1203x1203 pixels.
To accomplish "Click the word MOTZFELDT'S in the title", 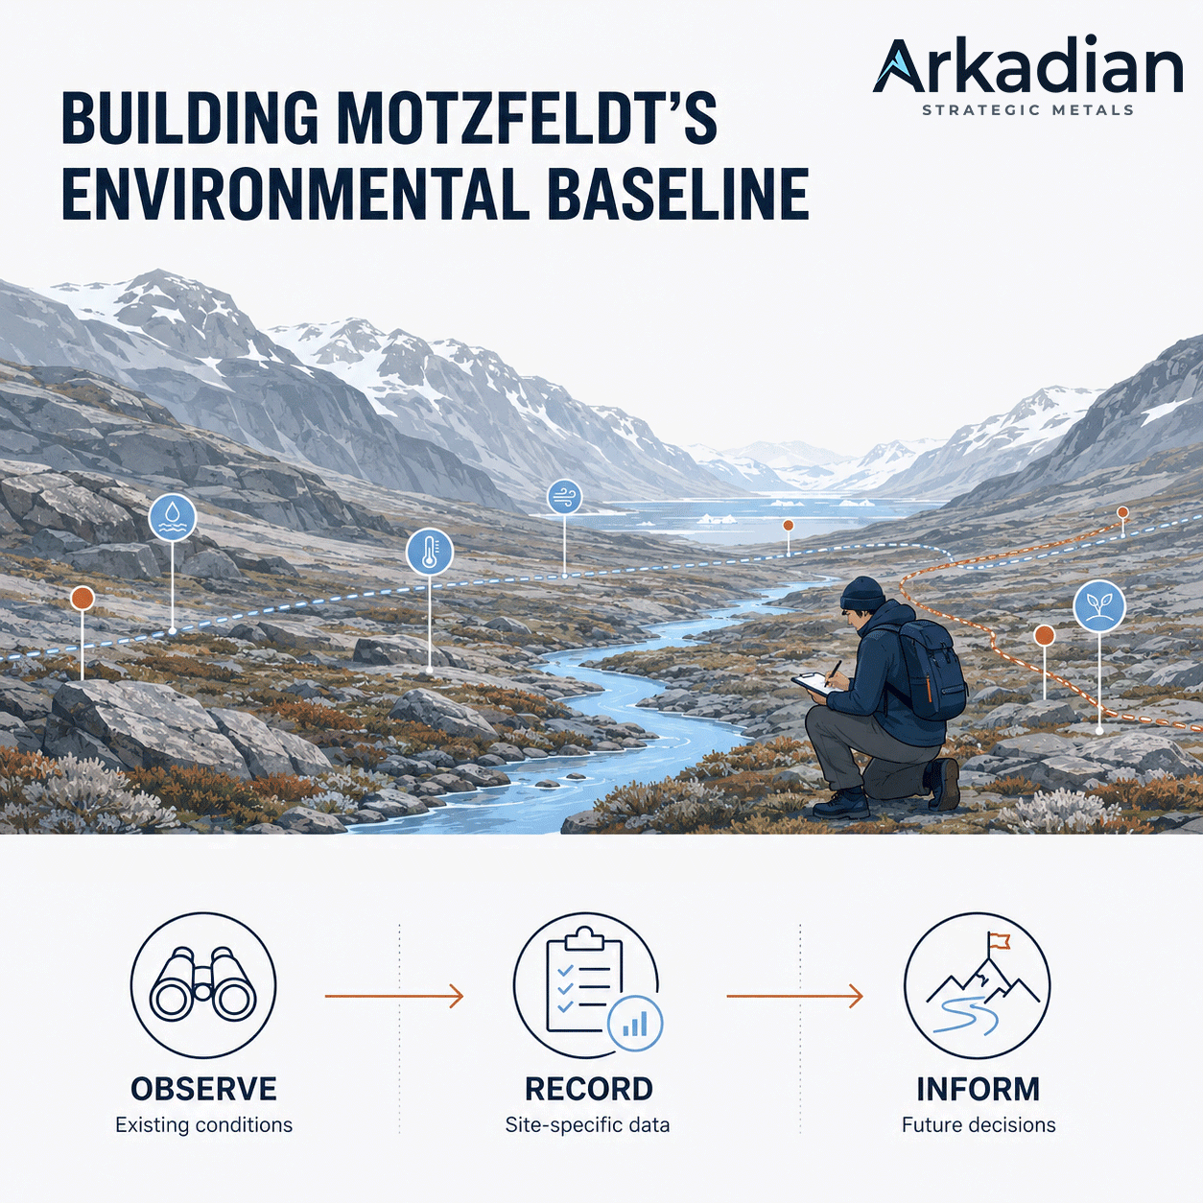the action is pyautogui.click(x=527, y=118).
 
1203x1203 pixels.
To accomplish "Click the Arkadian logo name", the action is pyautogui.click(x=1027, y=66).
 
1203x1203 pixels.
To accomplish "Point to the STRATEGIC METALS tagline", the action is pyautogui.click(x=1027, y=110).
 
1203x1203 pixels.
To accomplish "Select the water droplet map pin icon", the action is pyautogui.click(x=173, y=518).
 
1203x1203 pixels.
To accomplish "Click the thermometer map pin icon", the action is pyautogui.click(x=430, y=553).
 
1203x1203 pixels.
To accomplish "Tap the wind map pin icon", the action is pyautogui.click(x=564, y=498).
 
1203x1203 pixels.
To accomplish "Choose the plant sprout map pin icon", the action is pyautogui.click(x=1098, y=605).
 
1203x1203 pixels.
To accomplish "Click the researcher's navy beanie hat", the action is pyautogui.click(x=862, y=593).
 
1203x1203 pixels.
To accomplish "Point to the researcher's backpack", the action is pyautogui.click(x=932, y=670).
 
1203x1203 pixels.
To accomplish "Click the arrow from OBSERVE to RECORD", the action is pyautogui.click(x=394, y=996).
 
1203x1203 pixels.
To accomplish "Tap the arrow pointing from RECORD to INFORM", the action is pyautogui.click(x=794, y=996).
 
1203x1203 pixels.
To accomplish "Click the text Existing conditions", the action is pyautogui.click(x=204, y=1125).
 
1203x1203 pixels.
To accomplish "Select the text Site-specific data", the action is pyautogui.click(x=587, y=1125).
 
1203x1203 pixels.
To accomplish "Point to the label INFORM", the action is pyautogui.click(x=979, y=1089).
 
